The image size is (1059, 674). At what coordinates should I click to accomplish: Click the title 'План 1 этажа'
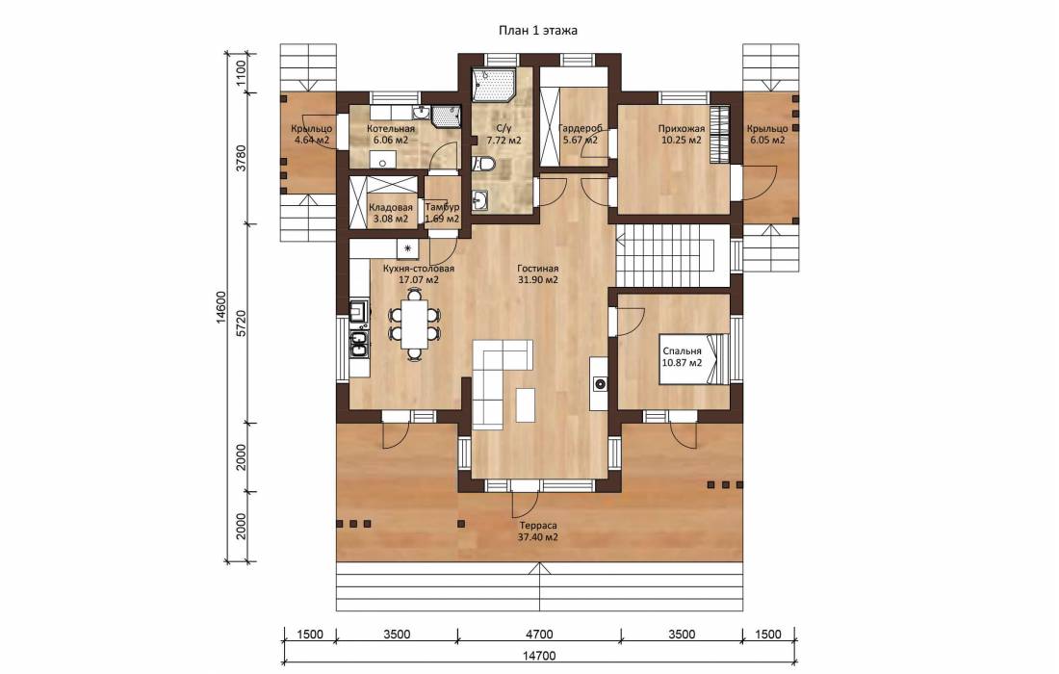click(537, 31)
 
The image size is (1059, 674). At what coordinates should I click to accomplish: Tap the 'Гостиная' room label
click(537, 268)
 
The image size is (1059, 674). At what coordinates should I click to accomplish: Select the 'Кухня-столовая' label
click(419, 268)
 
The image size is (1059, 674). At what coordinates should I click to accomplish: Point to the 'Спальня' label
click(682, 351)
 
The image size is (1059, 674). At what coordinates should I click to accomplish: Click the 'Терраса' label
click(537, 526)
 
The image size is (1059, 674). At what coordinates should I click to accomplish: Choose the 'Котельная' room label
click(390, 128)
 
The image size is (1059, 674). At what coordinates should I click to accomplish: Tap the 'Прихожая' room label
click(682, 128)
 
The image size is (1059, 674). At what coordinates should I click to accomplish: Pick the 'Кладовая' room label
click(390, 208)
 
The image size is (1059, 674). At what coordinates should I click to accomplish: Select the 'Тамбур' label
click(443, 208)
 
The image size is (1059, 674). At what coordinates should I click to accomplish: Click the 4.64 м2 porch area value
click(311, 141)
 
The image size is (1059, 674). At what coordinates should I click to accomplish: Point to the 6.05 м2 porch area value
click(766, 141)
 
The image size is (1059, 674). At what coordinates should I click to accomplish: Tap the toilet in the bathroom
click(485, 164)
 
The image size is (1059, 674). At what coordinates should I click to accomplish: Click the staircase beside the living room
click(665, 259)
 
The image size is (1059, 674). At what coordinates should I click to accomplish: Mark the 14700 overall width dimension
click(538, 656)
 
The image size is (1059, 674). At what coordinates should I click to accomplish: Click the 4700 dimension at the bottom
click(538, 635)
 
